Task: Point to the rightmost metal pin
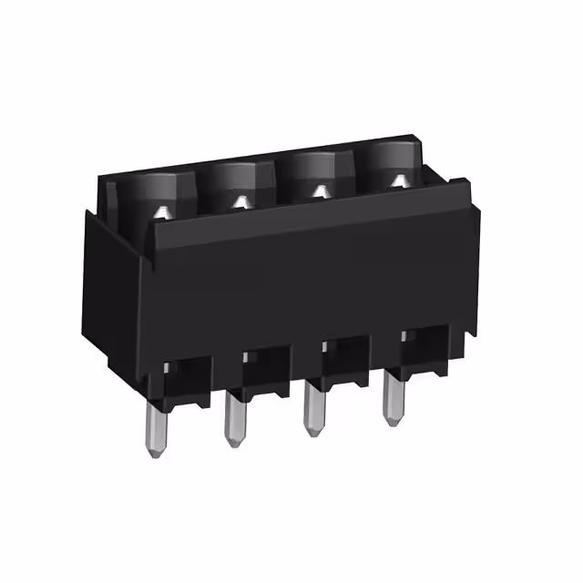click(x=392, y=394)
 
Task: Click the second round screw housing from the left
click(x=238, y=182)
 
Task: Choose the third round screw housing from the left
click(x=318, y=172)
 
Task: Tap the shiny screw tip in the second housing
click(x=241, y=201)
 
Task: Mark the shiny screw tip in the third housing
click(x=321, y=190)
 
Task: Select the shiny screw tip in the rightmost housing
click(x=399, y=180)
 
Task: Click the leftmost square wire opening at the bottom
click(x=189, y=373)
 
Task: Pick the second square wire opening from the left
click(x=267, y=363)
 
